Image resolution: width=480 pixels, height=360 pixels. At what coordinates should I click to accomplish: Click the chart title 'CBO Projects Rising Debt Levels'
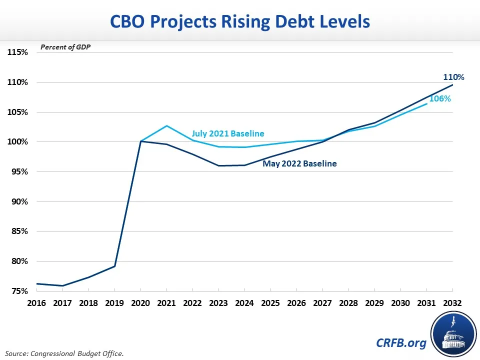(240, 22)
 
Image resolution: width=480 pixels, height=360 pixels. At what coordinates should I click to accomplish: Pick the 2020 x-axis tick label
(140, 303)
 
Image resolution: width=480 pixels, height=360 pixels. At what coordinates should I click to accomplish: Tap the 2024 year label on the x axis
(244, 303)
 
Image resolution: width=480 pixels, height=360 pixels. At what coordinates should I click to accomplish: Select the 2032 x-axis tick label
(452, 303)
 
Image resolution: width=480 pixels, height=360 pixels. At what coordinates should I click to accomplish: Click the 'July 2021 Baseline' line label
(227, 134)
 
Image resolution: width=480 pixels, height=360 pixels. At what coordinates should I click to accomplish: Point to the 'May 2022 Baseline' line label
(299, 163)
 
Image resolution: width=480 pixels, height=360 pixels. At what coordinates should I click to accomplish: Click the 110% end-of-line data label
(454, 77)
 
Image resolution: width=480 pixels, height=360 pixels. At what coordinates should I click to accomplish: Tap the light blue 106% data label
(440, 99)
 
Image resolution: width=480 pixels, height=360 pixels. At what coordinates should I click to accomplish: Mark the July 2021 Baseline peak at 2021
(166, 125)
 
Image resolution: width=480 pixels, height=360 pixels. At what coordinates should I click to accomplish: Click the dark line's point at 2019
(114, 266)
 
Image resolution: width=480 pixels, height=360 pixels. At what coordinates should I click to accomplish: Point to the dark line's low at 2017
(62, 285)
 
